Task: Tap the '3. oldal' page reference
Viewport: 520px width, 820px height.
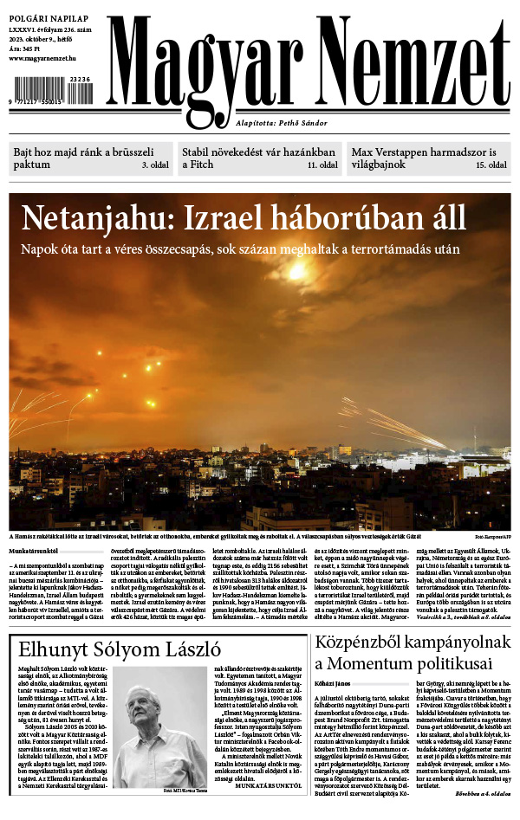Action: coord(155,165)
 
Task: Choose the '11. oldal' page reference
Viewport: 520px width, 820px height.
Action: coord(322,165)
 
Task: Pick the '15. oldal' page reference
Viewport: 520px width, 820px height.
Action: coord(491,165)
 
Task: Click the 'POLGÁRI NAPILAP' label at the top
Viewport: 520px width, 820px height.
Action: coord(45,16)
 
